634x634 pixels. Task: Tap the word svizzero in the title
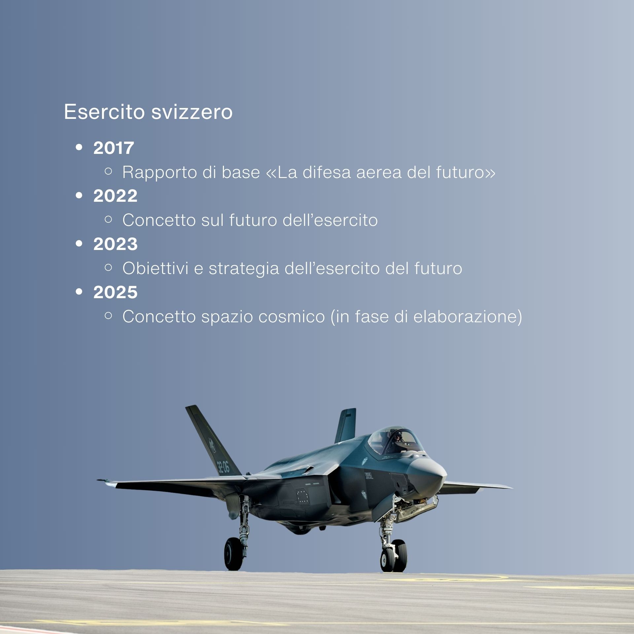[x=192, y=112]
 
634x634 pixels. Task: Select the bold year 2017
[x=114, y=148]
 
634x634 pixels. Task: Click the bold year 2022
[x=115, y=196]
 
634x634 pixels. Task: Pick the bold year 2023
[x=115, y=244]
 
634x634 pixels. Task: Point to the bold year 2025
[x=115, y=292]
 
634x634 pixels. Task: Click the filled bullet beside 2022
[x=79, y=196]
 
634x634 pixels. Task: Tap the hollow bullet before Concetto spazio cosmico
[x=108, y=316]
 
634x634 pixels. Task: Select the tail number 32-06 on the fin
[x=223, y=467]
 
